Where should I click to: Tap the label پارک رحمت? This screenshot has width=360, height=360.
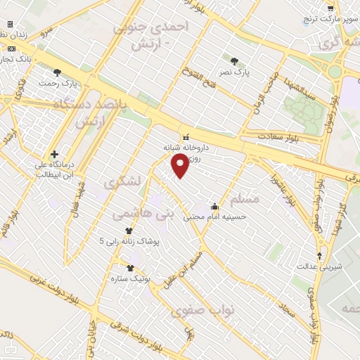[x=57, y=83]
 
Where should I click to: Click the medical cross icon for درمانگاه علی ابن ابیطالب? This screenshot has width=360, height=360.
[x=54, y=154]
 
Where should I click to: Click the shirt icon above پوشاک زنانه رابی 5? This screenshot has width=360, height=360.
[x=129, y=230]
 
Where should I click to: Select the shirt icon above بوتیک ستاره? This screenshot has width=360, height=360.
[x=130, y=267]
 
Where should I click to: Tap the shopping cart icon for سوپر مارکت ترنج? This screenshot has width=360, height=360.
[x=330, y=8]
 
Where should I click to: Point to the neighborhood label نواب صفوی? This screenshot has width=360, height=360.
[x=211, y=309]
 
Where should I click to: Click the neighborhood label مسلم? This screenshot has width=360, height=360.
[x=245, y=199]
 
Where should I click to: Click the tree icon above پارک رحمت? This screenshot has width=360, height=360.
[x=57, y=72]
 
